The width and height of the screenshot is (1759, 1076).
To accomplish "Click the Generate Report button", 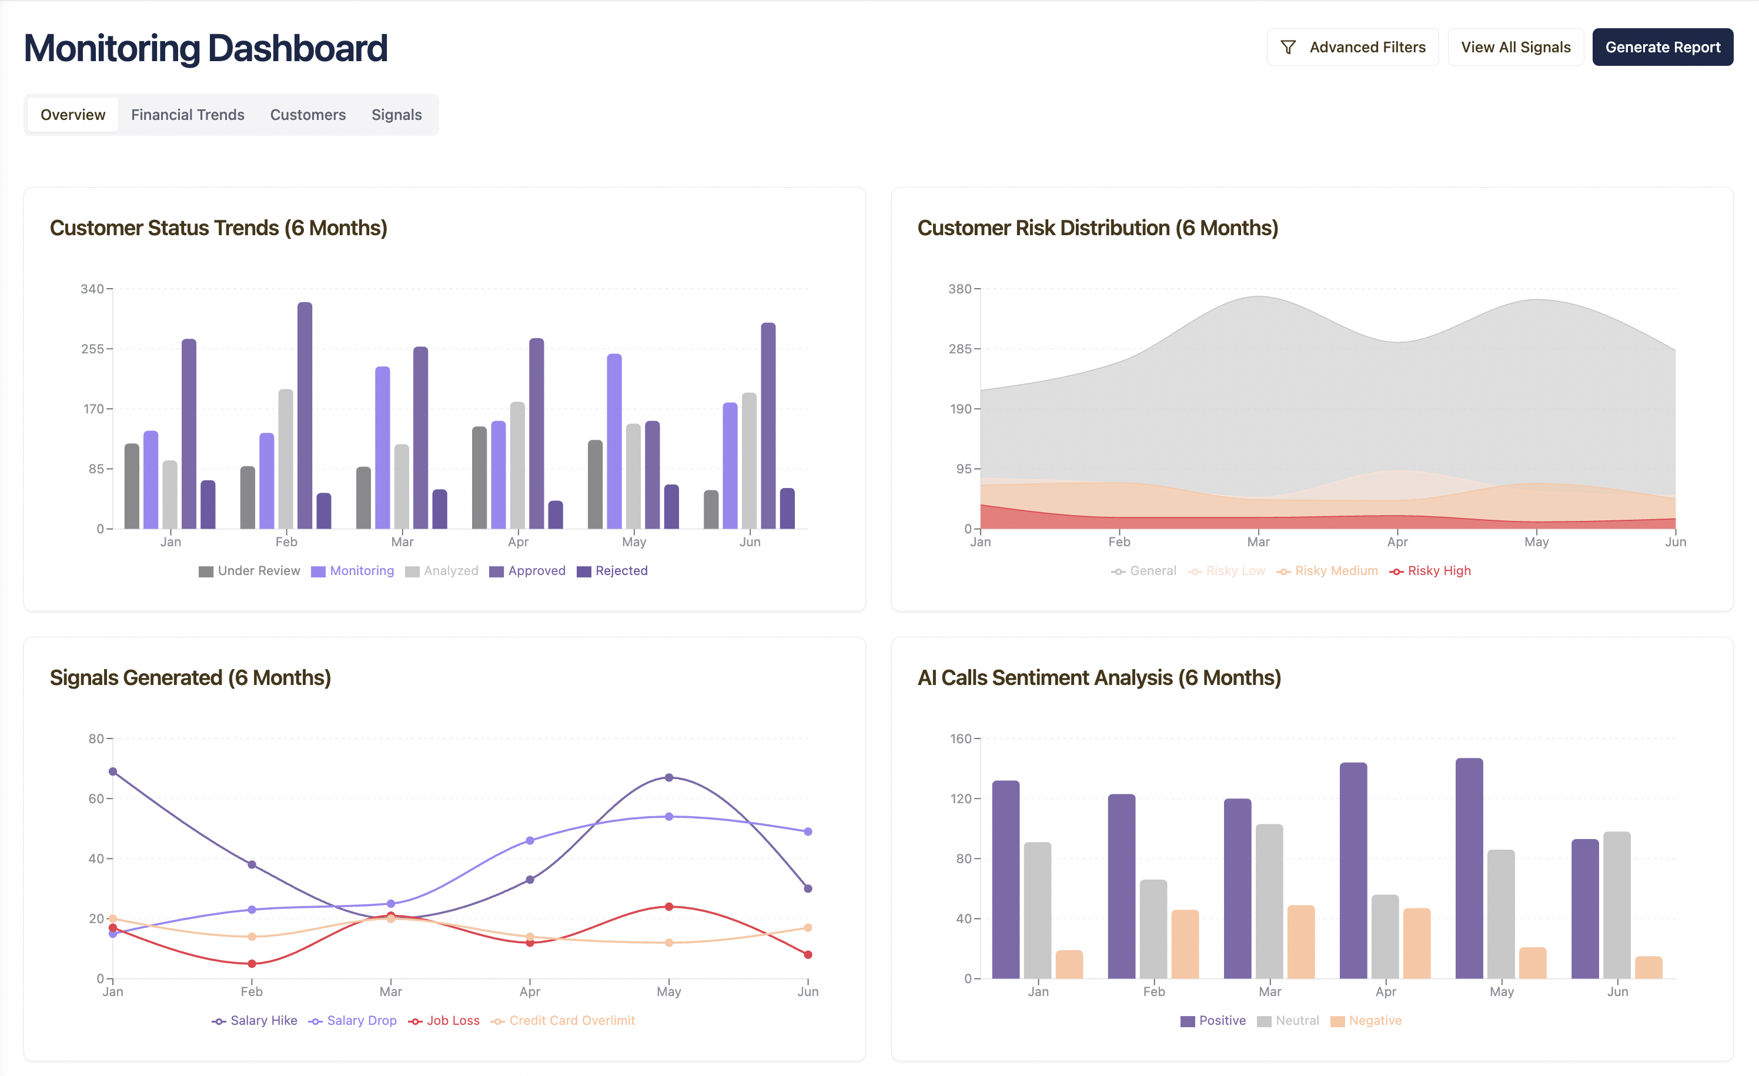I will pos(1662,47).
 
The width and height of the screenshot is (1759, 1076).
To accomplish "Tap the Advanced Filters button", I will pos(1352,47).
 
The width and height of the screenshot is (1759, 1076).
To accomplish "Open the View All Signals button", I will pos(1515,47).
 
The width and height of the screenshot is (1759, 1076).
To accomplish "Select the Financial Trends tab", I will pos(188,115).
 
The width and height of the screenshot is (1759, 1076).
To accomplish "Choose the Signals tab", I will pos(396,115).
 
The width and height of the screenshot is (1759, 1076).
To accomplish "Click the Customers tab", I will pos(307,115).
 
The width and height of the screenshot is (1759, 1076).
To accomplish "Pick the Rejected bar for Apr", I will pos(556,515).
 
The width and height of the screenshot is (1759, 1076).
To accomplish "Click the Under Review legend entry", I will pos(249,571).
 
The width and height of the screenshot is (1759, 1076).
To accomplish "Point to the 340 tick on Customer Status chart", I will pos(92,289).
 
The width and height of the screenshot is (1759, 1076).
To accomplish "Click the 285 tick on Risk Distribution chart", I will pos(959,349).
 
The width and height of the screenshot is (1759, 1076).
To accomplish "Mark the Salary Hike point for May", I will pos(669,777).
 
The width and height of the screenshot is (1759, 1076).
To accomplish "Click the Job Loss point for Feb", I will pos(252,964).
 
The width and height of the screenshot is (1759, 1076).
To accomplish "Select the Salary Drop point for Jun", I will pos(808,832).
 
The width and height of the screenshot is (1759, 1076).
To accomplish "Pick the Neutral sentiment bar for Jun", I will pos(1617,905).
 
